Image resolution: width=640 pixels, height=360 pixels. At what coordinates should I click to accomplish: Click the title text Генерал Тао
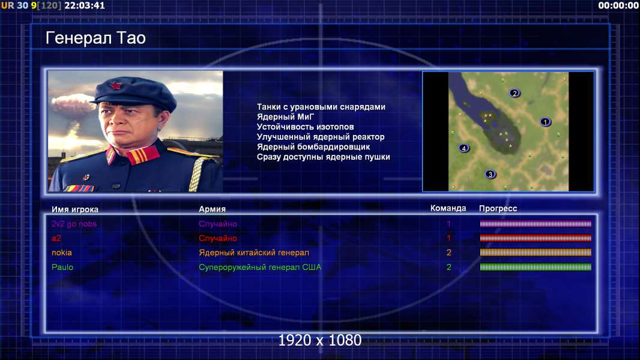click(95, 38)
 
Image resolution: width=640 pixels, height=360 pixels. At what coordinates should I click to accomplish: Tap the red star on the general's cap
click(116, 85)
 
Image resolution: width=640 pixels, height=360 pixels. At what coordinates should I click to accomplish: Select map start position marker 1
click(545, 121)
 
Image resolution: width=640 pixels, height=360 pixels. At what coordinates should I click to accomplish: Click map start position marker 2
click(515, 93)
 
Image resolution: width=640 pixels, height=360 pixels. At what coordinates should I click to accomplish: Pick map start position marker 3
click(490, 174)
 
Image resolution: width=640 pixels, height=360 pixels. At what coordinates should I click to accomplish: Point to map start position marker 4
click(463, 148)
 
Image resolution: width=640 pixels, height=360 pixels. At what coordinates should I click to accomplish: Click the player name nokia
click(62, 253)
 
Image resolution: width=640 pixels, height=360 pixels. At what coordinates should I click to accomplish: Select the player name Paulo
click(62, 267)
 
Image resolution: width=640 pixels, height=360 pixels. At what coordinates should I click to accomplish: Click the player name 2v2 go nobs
click(74, 224)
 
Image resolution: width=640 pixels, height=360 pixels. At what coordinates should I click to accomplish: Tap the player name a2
click(56, 238)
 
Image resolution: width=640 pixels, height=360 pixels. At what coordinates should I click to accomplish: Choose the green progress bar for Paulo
click(536, 267)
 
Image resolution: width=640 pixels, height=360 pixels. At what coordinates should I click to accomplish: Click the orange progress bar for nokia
click(536, 253)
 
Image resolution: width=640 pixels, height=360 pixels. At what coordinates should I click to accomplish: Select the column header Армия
click(213, 209)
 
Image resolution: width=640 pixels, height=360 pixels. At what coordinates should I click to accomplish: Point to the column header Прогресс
click(498, 209)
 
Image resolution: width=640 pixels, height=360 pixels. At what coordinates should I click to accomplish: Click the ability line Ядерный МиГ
click(285, 116)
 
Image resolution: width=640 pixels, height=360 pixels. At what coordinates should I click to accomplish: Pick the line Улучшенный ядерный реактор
click(321, 137)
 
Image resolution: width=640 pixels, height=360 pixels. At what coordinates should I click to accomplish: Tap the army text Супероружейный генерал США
click(260, 268)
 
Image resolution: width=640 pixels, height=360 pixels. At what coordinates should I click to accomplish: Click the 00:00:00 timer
click(618, 5)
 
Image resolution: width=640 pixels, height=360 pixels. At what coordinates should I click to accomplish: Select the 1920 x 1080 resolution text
click(319, 340)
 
